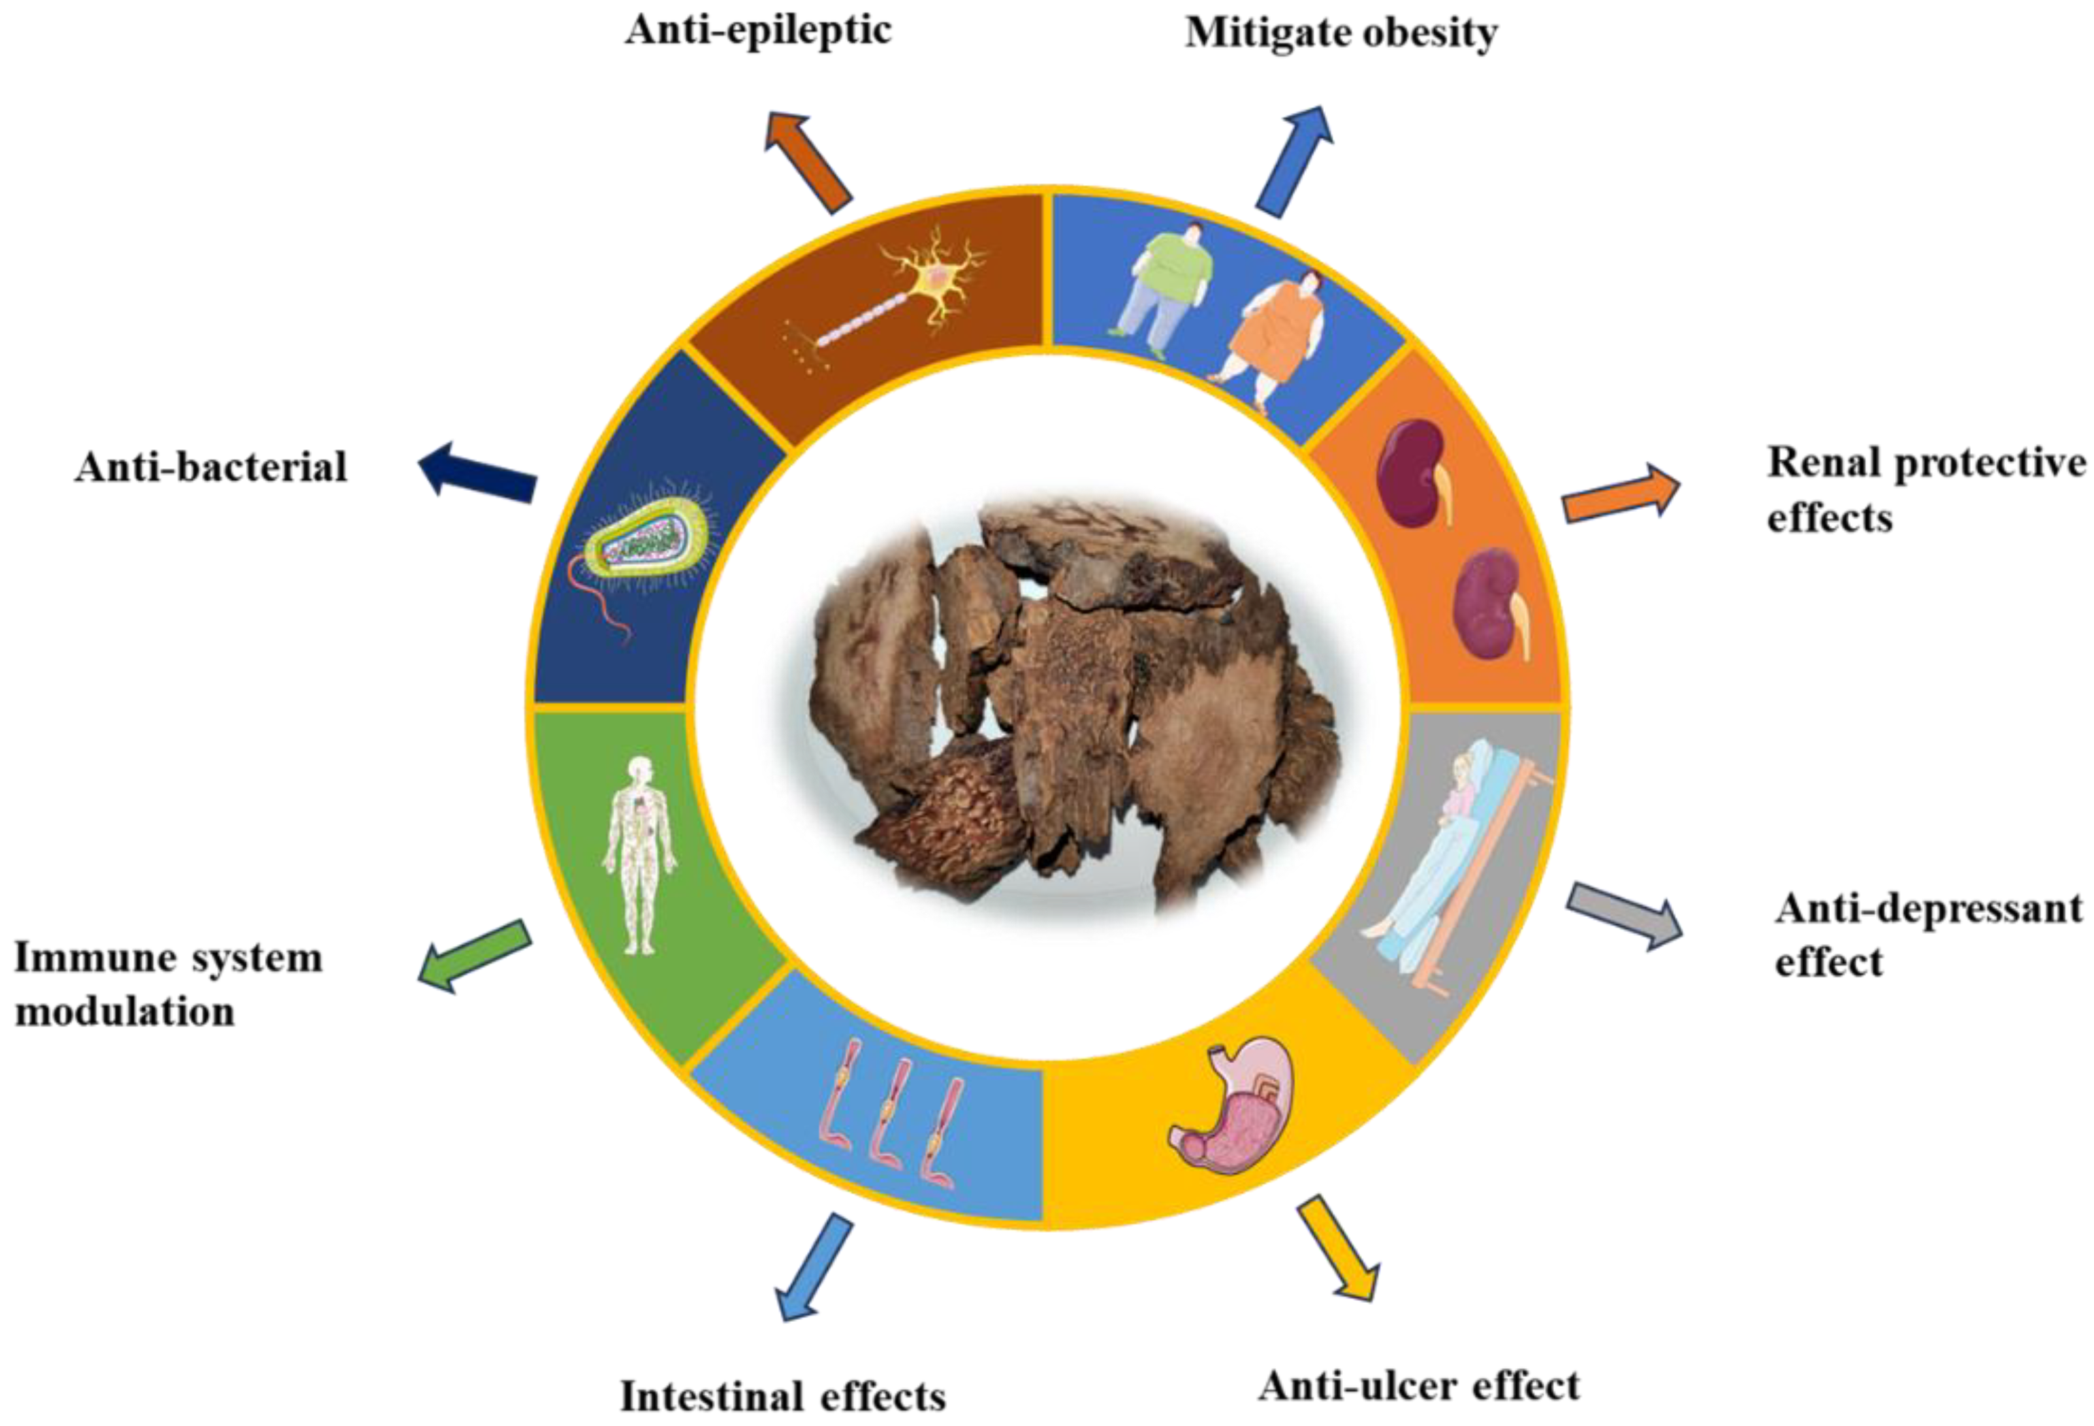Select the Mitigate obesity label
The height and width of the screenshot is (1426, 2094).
1341,33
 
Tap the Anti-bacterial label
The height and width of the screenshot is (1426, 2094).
211,467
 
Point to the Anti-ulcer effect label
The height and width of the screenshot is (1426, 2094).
1418,1385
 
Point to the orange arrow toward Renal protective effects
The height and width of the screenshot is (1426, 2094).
1620,493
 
